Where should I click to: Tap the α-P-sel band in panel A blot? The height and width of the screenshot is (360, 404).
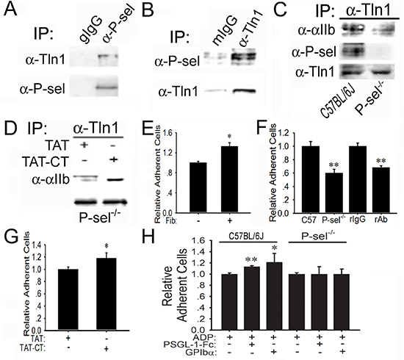tap(107, 87)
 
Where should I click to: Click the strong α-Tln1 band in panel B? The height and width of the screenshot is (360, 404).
tap(244, 91)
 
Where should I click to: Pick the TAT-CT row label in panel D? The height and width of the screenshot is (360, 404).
tap(46, 162)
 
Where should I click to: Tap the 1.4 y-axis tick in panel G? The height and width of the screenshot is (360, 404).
tap(39, 245)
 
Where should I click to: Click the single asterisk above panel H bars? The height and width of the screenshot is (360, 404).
tap(275, 248)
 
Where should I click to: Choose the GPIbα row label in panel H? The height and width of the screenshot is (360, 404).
tap(201, 352)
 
